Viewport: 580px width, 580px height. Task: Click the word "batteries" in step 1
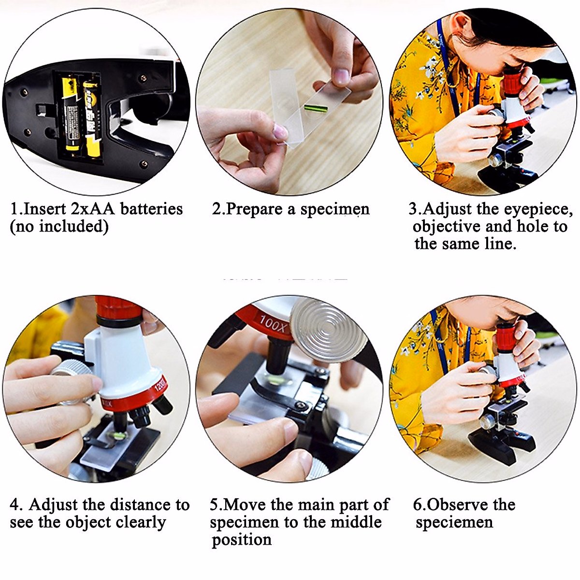(x=151, y=209)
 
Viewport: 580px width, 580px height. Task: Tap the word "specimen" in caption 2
(x=334, y=209)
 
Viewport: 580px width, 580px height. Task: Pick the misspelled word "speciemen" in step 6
(x=454, y=522)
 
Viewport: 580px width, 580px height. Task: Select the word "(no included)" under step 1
(x=59, y=226)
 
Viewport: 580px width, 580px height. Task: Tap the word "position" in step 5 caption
(x=241, y=539)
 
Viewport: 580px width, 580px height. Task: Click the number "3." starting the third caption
(x=415, y=209)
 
